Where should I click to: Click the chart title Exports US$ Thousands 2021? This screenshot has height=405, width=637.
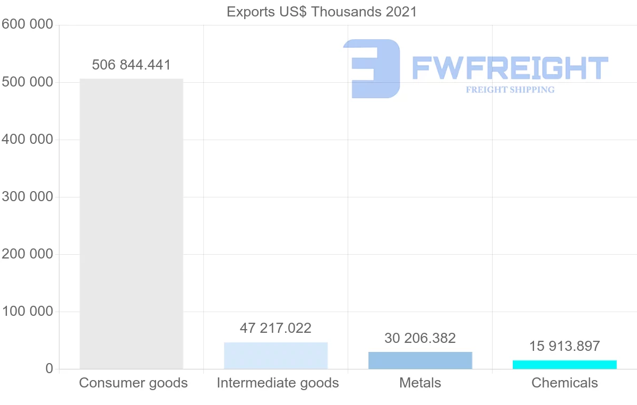point(322,12)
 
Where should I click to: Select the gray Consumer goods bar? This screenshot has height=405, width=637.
point(131,223)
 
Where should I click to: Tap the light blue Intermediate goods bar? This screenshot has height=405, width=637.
point(276,356)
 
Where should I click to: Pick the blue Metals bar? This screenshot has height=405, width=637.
point(420,360)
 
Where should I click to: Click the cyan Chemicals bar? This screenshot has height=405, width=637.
point(564,365)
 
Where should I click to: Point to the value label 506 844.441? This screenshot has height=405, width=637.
point(131,65)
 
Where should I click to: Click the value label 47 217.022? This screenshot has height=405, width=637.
point(276,328)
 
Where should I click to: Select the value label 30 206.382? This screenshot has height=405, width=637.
point(420,338)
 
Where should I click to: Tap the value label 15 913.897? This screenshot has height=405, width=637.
point(564,346)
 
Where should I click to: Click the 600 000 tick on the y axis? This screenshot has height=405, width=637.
point(27,24)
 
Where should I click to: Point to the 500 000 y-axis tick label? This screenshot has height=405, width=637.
point(27,82)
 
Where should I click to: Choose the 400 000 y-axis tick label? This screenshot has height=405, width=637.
point(27,140)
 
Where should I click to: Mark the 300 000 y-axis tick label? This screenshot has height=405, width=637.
point(27,197)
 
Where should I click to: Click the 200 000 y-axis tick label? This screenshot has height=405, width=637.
point(27,254)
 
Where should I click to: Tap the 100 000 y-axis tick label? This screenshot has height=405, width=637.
point(27,312)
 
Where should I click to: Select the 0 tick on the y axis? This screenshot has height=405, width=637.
point(49,369)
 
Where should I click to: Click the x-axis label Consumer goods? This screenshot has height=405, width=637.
point(133,383)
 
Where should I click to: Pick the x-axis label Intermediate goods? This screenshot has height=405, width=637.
point(278,383)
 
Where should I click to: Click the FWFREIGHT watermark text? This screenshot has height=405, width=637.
point(510,68)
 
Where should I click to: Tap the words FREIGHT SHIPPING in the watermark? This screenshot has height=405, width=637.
point(510,90)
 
